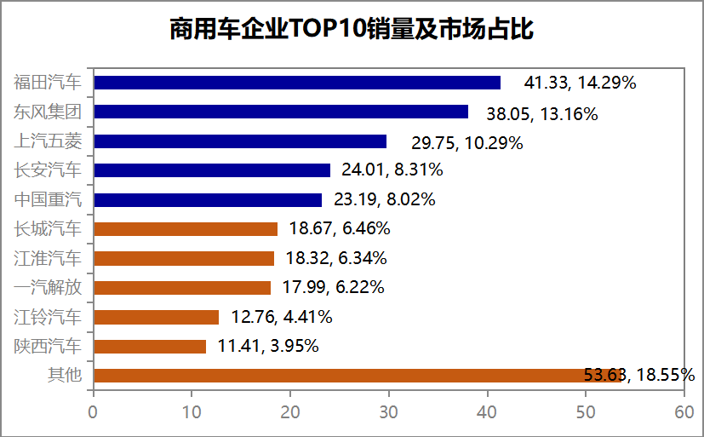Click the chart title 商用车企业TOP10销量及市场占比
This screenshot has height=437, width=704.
352,29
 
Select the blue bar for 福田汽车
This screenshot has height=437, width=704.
297,83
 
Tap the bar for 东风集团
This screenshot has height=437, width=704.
281,112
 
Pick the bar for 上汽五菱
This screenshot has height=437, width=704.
240,141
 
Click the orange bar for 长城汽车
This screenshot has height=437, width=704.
186,229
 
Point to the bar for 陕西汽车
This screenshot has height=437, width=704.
150,346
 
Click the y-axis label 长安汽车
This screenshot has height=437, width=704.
49,170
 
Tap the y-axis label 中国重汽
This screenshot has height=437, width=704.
49,200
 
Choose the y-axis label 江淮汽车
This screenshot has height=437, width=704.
49,258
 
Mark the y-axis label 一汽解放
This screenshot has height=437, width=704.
49,288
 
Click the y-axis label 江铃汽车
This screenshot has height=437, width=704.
49,317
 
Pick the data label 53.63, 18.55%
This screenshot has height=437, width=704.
639,375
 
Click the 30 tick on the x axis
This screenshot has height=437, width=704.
389,411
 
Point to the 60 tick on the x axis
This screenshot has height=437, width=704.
684,411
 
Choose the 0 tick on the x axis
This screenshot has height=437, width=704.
94,411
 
